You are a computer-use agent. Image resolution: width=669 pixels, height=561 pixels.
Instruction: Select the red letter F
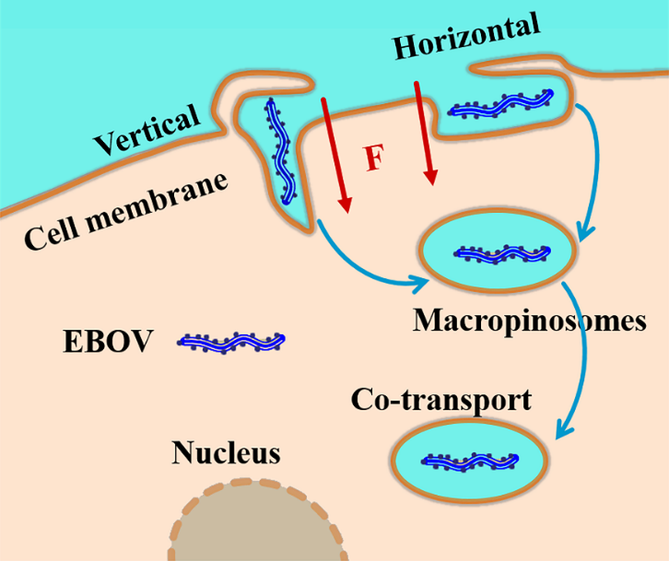point(373,158)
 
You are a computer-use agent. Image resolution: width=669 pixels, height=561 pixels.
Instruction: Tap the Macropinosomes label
point(528,321)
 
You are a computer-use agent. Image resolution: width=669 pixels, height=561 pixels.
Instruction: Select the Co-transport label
point(440,401)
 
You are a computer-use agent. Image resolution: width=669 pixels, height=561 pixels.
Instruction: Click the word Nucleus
point(225,453)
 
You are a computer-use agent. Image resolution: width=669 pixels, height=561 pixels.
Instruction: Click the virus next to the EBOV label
point(230,343)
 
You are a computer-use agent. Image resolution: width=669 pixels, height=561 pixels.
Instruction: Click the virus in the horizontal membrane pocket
point(502,103)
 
